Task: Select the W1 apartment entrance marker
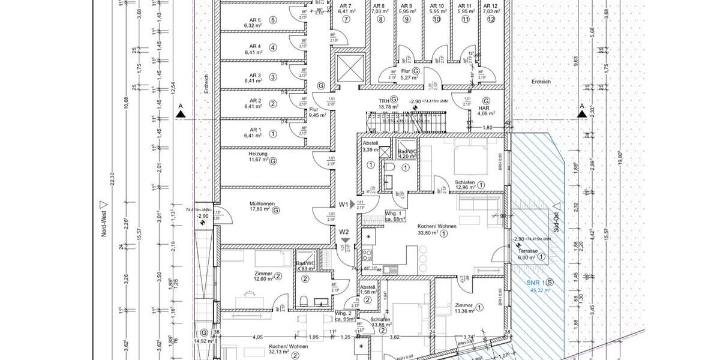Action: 344,205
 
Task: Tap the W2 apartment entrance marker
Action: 344,232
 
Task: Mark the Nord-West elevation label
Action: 103,220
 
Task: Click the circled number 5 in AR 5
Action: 273,20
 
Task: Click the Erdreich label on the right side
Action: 541,81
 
